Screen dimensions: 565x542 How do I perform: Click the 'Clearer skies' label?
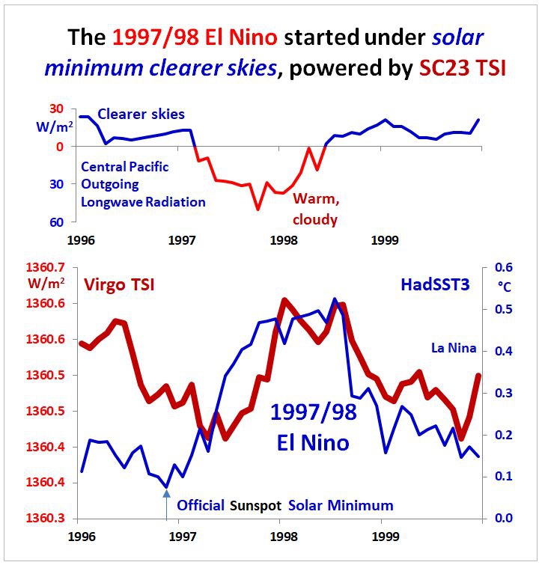(141, 114)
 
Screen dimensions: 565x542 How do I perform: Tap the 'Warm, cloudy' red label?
(315, 209)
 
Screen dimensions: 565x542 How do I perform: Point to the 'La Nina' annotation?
(453, 347)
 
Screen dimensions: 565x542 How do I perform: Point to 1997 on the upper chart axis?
(183, 240)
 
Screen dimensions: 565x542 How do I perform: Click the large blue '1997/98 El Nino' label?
(309, 427)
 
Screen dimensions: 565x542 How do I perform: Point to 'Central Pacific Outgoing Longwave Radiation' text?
(142, 183)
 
